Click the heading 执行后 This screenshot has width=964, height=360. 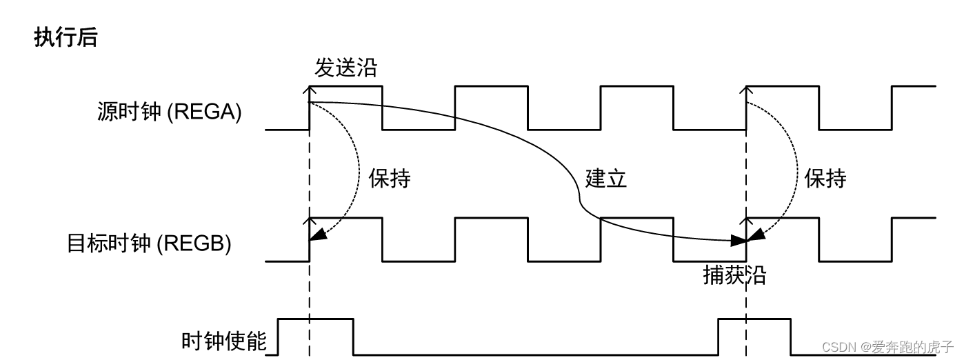[66, 38]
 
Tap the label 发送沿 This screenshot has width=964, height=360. [346, 68]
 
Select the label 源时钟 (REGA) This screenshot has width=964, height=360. [170, 112]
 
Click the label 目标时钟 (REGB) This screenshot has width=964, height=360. [149, 244]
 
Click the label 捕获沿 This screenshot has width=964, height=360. [734, 275]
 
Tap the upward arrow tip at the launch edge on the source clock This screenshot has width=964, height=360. [310, 88]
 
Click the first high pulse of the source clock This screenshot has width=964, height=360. [346, 87]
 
